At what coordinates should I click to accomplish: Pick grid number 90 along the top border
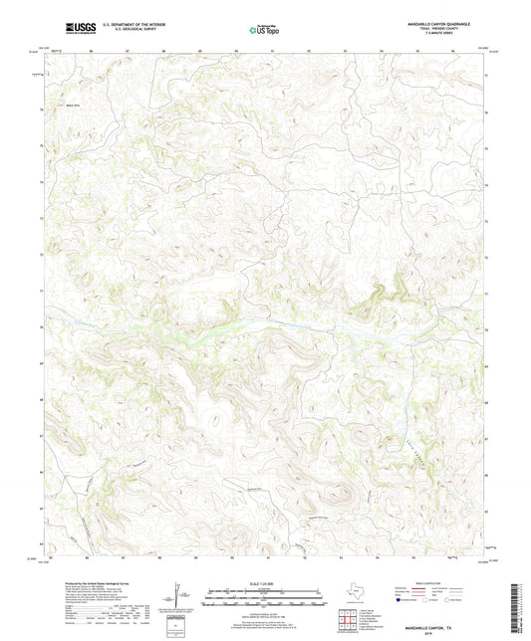236,49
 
